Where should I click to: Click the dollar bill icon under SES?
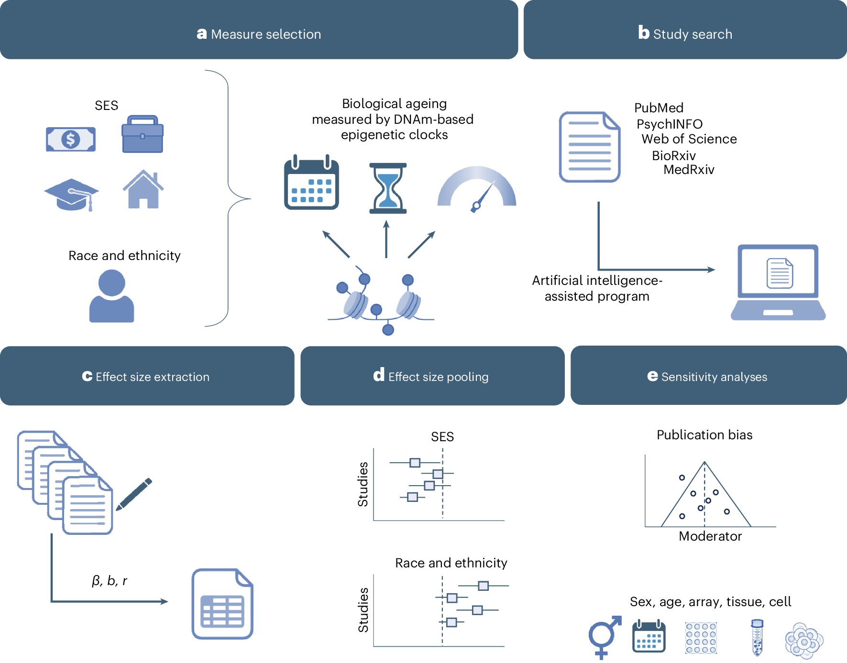pyautogui.click(x=71, y=139)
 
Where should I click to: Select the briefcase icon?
pyautogui.click(x=143, y=134)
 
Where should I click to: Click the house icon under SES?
pyautogui.click(x=143, y=189)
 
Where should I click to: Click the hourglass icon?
pyautogui.click(x=388, y=188)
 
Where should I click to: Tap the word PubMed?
pyautogui.click(x=659, y=108)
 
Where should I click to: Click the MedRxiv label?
pyautogui.click(x=689, y=170)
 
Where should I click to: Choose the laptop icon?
pyautogui.click(x=778, y=282)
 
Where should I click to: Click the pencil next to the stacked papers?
pyautogui.click(x=134, y=494)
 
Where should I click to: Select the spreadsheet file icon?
pyautogui.click(x=222, y=604)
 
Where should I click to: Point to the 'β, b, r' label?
pyautogui.click(x=110, y=580)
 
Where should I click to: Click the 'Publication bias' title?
pyautogui.click(x=704, y=435)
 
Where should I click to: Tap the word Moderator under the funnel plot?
pyautogui.click(x=710, y=536)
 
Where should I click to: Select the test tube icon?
pyautogui.click(x=757, y=638)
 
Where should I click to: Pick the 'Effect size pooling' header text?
pyautogui.click(x=439, y=377)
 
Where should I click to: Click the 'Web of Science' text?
pyautogui.click(x=689, y=139)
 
